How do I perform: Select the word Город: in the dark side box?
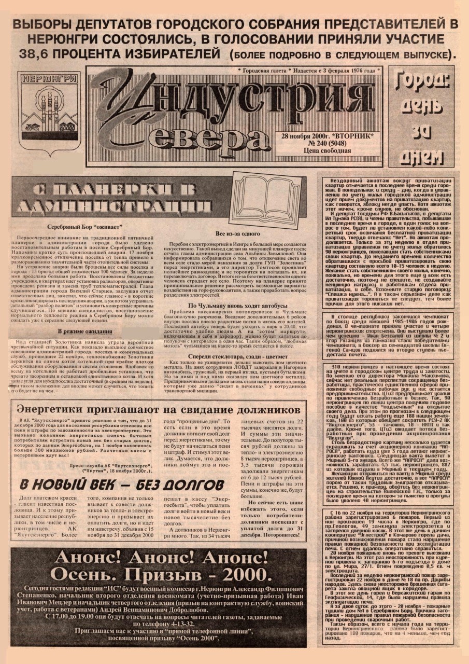coord(422,82)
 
